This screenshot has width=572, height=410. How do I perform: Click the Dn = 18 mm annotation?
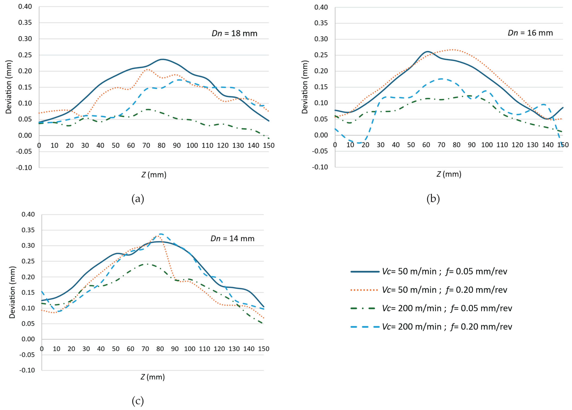(x=234, y=33)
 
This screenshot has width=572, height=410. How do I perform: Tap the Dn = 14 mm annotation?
(x=232, y=238)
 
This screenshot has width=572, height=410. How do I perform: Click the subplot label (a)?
(x=138, y=199)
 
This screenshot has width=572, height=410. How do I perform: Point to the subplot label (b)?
(x=433, y=199)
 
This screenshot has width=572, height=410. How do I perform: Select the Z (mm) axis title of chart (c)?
(x=153, y=377)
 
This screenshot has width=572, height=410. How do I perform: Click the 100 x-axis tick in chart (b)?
(x=487, y=145)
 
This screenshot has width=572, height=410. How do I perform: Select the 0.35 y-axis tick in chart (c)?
(x=28, y=230)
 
